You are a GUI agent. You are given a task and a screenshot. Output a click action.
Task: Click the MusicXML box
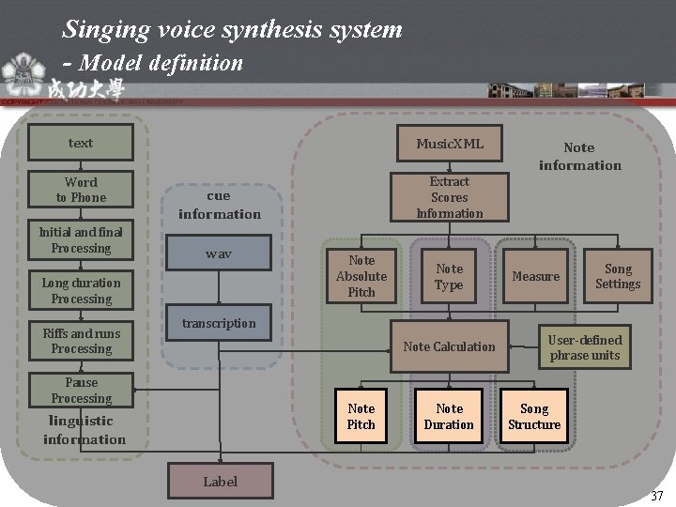point(450,144)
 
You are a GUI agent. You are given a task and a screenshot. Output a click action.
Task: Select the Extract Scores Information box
point(450,197)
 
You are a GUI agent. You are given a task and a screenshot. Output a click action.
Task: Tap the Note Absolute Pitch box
point(361,276)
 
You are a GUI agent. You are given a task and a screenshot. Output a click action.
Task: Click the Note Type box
point(449,276)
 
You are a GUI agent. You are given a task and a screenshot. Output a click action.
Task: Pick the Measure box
point(536,276)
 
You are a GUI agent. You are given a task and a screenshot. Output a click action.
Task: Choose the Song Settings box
point(618,276)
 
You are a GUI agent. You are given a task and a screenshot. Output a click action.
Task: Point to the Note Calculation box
point(449,346)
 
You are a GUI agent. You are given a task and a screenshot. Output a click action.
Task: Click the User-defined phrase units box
point(584,346)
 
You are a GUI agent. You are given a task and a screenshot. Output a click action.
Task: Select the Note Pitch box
point(361,416)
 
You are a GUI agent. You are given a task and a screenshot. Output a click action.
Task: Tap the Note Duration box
point(449,416)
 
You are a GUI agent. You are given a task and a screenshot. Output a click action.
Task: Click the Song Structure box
point(534,416)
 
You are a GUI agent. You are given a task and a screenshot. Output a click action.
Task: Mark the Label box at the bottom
point(222,482)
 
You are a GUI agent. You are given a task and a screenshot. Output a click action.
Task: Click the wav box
point(219,254)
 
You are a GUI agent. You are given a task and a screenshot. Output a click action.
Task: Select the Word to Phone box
point(81,190)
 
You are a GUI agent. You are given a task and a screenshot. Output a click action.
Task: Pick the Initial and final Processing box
point(81,240)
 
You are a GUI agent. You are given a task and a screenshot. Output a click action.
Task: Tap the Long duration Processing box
point(81,290)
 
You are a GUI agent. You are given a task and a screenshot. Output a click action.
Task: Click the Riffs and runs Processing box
point(81,341)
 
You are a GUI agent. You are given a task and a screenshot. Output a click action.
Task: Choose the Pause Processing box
point(81,391)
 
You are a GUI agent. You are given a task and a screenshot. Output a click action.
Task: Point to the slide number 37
point(656,496)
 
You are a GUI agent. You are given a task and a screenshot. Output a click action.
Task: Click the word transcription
point(219,323)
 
